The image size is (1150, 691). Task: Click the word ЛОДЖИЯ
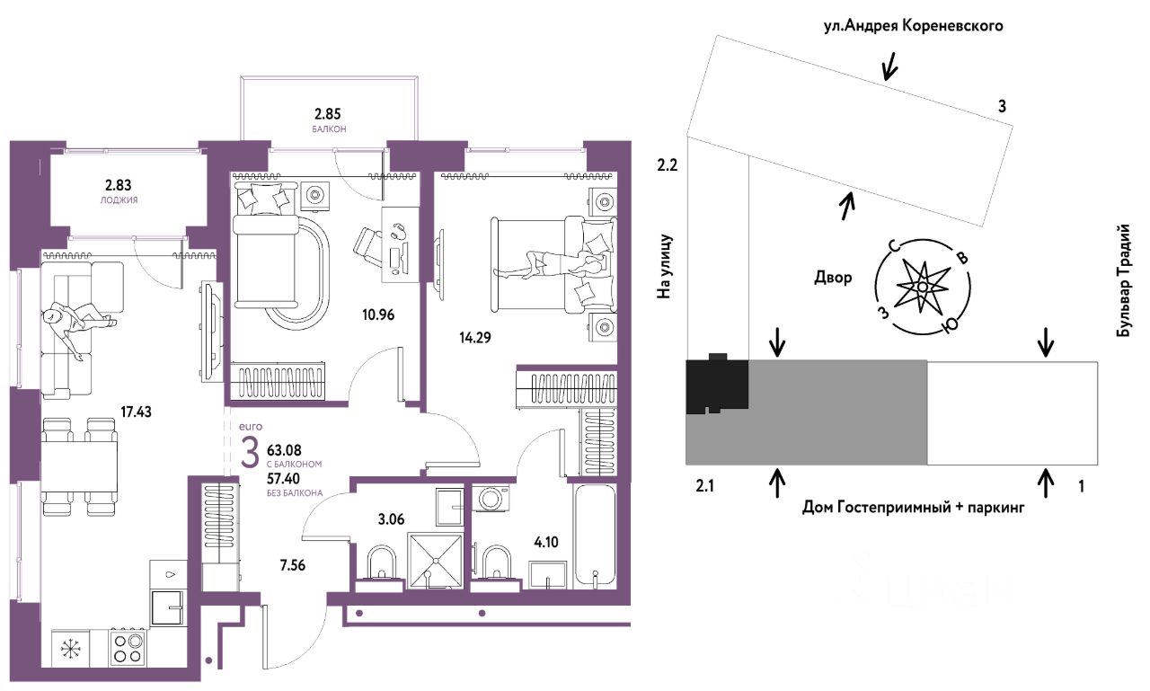(x=119, y=200)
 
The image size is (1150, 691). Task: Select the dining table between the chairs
(x=80, y=467)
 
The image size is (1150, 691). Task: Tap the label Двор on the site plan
(x=833, y=278)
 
